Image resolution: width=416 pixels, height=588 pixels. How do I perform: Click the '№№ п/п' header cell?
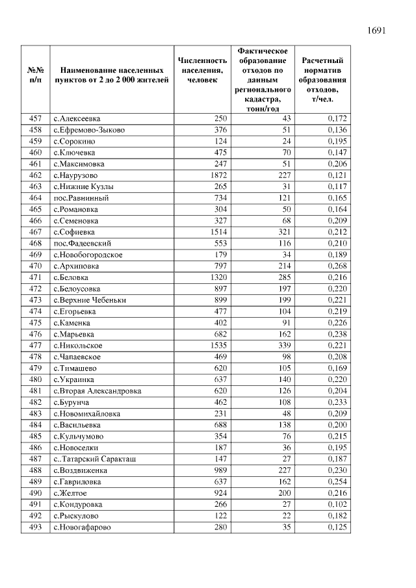click(x=36, y=75)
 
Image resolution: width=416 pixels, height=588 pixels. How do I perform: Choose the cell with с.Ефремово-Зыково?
click(x=89, y=130)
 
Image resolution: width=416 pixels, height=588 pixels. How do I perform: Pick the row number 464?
click(x=36, y=198)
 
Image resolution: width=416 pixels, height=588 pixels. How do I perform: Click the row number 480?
click(x=36, y=379)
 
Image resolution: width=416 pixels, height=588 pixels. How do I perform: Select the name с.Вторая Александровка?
click(x=97, y=391)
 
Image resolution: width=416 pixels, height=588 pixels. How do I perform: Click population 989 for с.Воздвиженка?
click(x=218, y=470)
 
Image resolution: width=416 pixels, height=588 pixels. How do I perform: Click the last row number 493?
click(x=36, y=527)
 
